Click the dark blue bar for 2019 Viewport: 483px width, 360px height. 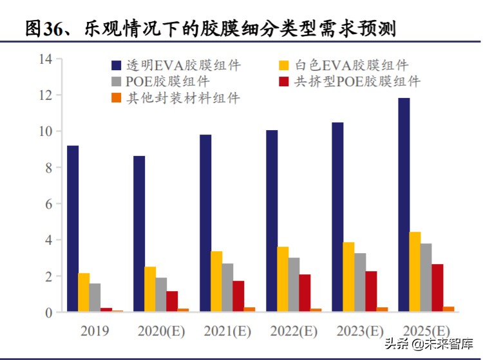click(x=73, y=229)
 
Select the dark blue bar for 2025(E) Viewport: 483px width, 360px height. click(x=404, y=205)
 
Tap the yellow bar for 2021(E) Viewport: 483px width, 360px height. click(x=216, y=281)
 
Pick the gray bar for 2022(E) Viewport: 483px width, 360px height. click(x=294, y=285)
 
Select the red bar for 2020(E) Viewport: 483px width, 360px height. click(x=172, y=301)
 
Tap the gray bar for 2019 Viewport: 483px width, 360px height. click(x=95, y=298)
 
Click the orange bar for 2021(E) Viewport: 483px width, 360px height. click(x=249, y=310)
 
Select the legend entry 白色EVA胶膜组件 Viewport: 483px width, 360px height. click(x=352, y=65)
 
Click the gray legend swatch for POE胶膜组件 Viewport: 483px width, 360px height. click(x=116, y=82)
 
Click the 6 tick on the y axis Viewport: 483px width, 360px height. click(x=48, y=204)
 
